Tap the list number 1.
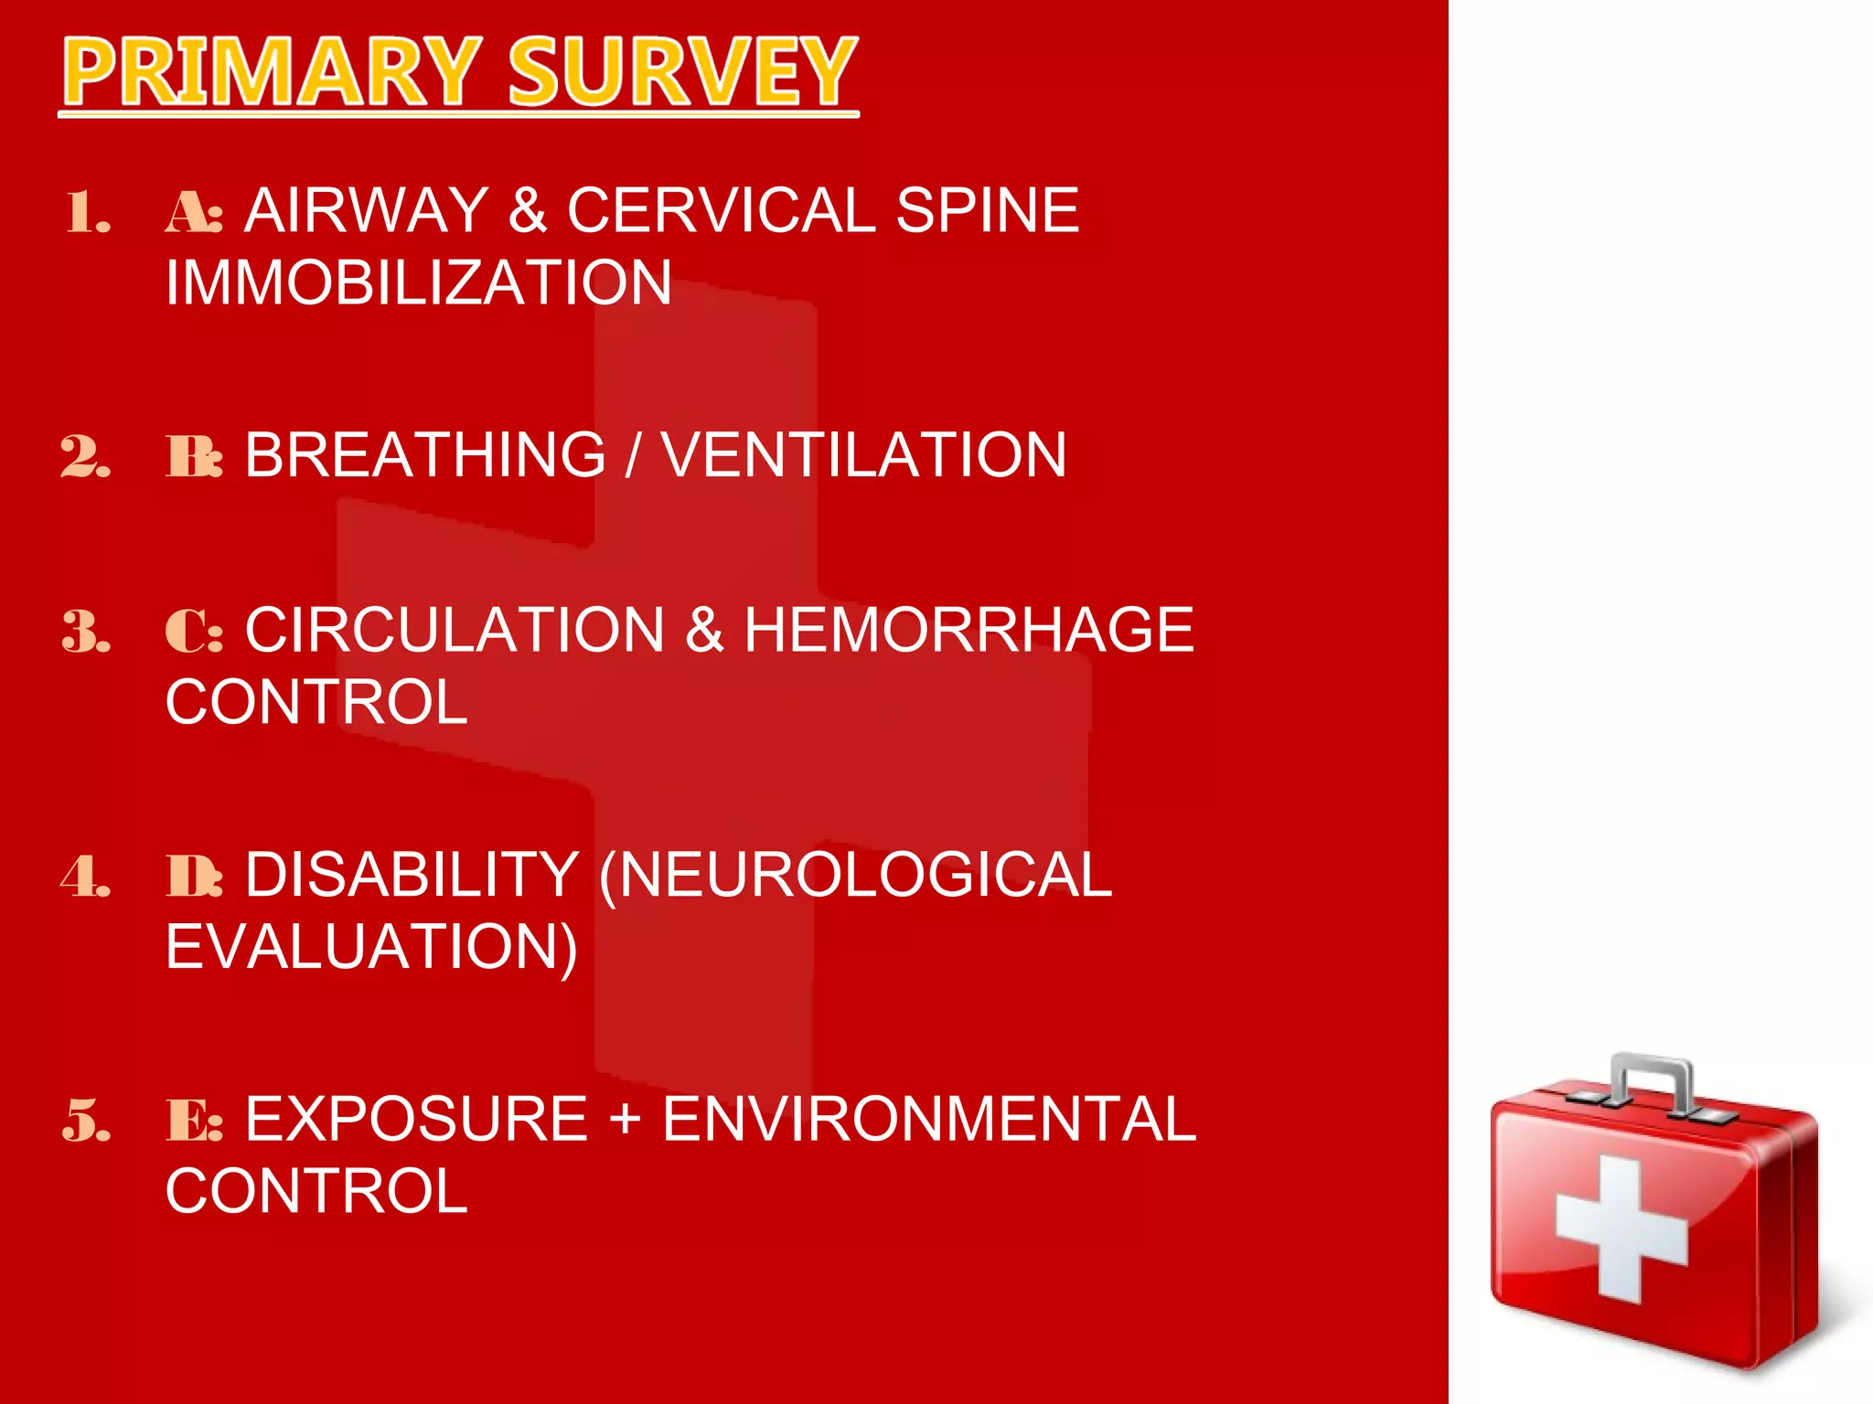88,213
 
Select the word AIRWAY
367,210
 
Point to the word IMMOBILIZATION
419,282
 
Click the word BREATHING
425,454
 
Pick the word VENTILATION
863,454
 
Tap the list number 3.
86,632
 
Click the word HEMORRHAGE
969,630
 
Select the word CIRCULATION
455,630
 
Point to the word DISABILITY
412,875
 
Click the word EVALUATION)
371,947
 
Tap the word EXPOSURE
416,1119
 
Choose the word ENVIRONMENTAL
928,1119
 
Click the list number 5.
86,1121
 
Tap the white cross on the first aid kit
1621,1229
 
